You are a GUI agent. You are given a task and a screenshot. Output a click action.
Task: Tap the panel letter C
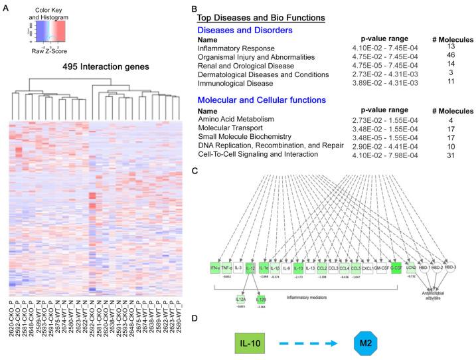[193, 171]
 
